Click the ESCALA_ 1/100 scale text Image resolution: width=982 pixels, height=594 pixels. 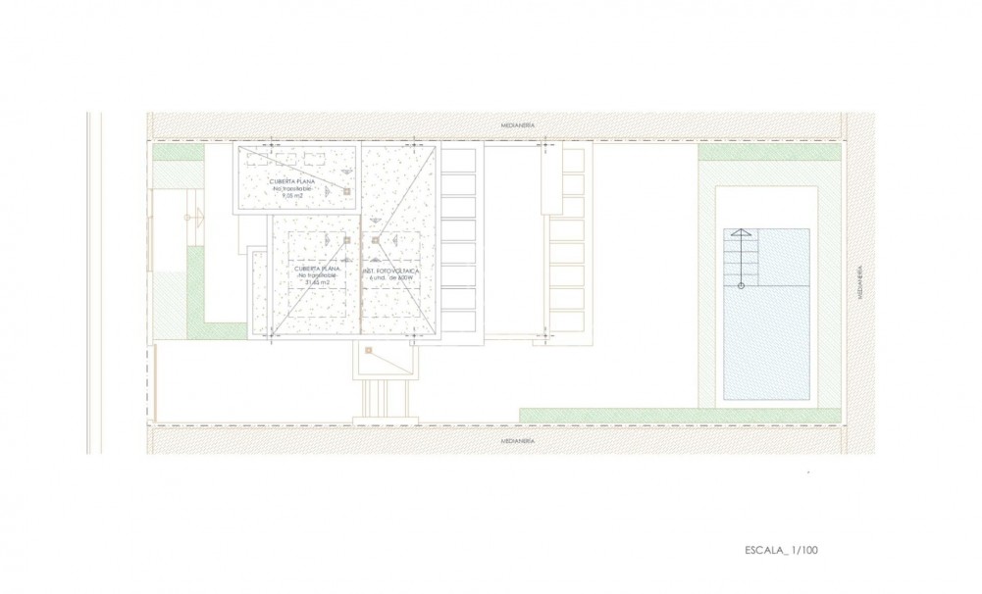coord(781,550)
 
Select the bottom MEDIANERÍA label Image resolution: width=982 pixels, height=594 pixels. coord(517,441)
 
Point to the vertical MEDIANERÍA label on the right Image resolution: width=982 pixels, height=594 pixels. coord(858,281)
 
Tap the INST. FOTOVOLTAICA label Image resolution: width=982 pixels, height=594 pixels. coord(389,269)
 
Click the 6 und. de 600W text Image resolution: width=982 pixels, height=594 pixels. coord(389,277)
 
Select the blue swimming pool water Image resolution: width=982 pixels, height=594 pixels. coord(776,343)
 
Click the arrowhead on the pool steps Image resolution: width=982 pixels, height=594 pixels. coord(741,232)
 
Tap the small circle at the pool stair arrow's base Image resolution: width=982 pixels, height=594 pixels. coord(741,285)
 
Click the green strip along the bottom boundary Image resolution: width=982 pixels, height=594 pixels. coord(679,416)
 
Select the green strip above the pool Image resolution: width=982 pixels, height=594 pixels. coord(769,153)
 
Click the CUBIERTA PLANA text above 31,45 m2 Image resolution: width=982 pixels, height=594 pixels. coord(317,268)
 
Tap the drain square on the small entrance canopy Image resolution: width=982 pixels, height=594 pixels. coord(368,350)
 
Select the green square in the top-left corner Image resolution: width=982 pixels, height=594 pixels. coord(177,153)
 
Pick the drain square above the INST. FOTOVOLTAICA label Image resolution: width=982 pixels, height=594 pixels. coord(374,238)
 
